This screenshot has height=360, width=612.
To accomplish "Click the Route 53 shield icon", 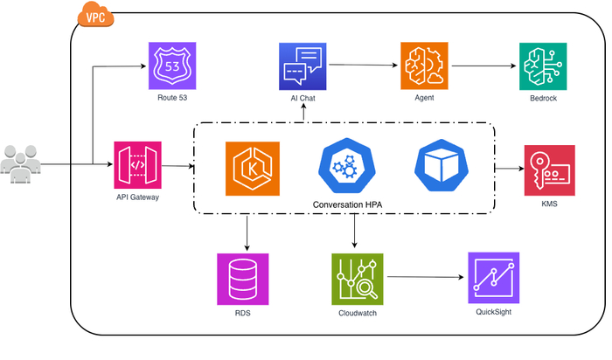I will pos(173,66).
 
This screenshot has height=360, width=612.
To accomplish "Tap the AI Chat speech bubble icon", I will pos(303,66).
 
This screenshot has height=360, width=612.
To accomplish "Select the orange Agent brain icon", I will pos(424,66).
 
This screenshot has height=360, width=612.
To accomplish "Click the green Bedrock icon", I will pos(543,66).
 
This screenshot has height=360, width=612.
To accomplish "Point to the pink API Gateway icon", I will pos(138,165).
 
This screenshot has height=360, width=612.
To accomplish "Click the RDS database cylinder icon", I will pos(242,279).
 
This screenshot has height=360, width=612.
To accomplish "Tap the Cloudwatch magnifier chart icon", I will pos(358,279).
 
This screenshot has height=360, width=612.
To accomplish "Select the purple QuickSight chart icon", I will pos(493,278).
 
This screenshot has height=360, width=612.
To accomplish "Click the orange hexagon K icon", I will pos(250,167).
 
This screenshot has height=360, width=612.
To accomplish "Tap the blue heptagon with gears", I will pos(346,166).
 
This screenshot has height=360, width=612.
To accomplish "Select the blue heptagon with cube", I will pos(441,166).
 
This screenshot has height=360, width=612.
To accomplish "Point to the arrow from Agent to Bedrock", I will pos(482,64).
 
